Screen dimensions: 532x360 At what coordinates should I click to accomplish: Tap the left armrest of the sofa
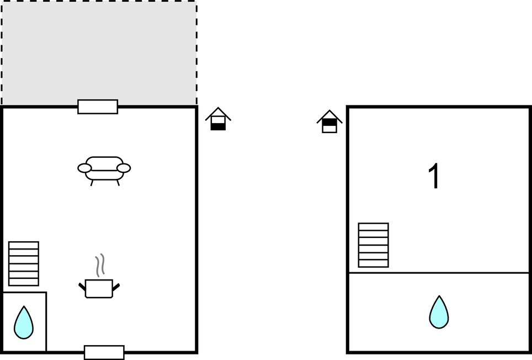pos(84,168)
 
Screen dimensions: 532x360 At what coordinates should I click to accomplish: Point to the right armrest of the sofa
pos(124,168)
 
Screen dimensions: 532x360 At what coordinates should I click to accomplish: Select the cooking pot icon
pos(99,288)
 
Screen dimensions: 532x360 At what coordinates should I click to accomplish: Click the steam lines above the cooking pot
pos(100,264)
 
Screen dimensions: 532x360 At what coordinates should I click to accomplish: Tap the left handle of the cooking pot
pos(82,287)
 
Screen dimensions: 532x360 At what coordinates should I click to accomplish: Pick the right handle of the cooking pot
pos(116,287)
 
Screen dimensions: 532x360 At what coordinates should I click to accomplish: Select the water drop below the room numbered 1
pos(439,312)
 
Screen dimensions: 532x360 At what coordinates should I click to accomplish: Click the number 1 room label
pos(434,176)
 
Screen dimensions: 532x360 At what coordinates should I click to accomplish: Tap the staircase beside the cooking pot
pos(24,263)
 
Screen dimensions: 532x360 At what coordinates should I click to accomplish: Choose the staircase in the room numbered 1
pos(374,245)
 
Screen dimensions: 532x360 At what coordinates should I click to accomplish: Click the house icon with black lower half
pos(218,119)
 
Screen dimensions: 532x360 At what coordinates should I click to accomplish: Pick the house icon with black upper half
pos(329,121)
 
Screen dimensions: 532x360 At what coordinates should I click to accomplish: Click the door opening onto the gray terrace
pos(98,107)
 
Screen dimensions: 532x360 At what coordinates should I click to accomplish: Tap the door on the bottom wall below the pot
pos(104,352)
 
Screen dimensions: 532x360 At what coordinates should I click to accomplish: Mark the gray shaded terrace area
pos(99,52)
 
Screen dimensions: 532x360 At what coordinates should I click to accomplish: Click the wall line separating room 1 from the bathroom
pos(439,272)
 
